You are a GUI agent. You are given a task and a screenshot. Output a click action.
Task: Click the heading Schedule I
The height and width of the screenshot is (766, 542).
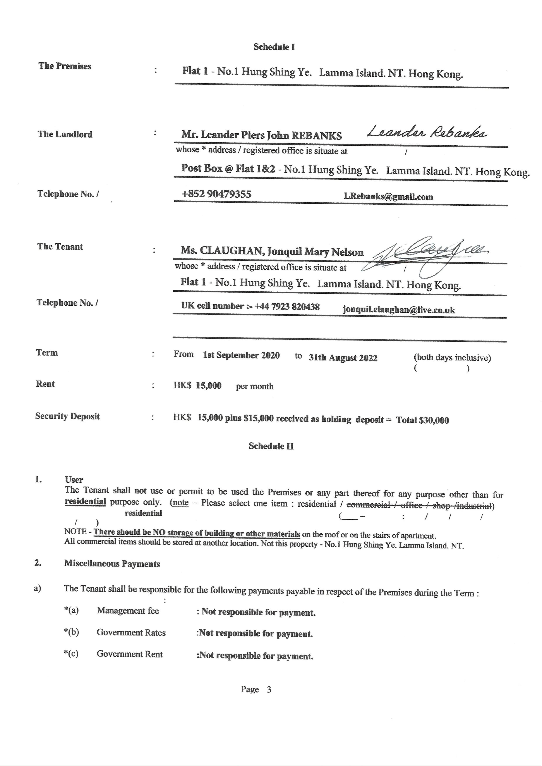274,47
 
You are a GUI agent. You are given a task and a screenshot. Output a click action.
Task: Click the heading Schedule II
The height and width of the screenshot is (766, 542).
271,446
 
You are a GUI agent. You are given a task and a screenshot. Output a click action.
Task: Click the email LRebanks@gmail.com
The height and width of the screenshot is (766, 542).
388,197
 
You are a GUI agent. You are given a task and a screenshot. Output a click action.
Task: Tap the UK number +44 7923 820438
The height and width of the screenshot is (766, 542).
287,306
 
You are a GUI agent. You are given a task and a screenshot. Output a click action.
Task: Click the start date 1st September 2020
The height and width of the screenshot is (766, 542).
241,355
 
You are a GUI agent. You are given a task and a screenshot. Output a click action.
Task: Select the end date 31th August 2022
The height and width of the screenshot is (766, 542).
343,358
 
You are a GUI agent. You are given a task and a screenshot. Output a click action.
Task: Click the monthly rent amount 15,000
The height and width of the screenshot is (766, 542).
209,386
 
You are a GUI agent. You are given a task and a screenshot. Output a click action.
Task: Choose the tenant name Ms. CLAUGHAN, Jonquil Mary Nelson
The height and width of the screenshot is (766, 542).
272,251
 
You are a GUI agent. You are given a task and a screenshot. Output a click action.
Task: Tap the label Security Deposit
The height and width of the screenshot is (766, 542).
67,416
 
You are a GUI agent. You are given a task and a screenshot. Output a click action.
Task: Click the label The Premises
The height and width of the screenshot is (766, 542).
65,66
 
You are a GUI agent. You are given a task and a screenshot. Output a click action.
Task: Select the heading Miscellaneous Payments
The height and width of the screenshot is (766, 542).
112,564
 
